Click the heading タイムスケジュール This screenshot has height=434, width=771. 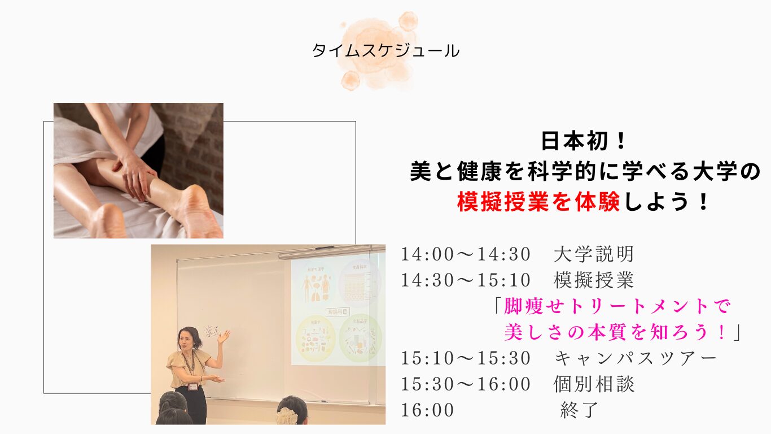pos(385,51)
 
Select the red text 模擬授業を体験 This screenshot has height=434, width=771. pos(538,202)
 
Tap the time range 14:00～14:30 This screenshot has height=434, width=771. pos(466,254)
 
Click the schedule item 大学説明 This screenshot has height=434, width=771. pos(594,254)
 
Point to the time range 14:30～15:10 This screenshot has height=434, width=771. pos(466,280)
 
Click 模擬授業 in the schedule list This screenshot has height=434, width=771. pos(594,280)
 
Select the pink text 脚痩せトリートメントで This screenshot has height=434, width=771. pos(617,306)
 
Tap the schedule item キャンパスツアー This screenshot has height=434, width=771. pos(636,358)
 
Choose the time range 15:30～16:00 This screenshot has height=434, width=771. pos(466,384)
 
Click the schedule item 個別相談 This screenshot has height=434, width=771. pos(594,384)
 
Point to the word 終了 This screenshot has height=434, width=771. pos(579,410)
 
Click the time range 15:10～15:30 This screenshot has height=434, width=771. pos(466,358)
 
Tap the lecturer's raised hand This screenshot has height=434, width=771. pos(225,336)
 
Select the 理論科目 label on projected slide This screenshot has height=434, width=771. pos(338,311)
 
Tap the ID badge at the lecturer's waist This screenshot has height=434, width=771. pos(193,387)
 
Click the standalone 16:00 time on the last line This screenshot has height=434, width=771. pos(427,410)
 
